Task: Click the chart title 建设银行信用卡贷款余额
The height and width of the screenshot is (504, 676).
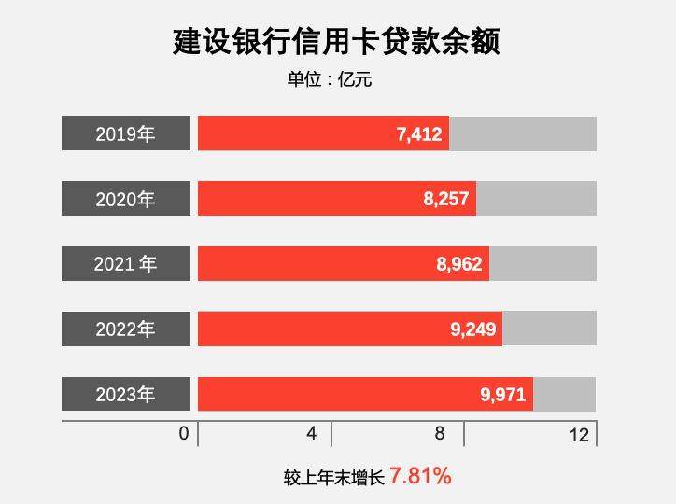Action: click(x=337, y=41)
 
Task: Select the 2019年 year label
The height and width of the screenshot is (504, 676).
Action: click(x=126, y=133)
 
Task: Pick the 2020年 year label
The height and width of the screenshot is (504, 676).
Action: click(x=126, y=199)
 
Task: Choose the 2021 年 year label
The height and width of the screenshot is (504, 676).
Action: click(x=126, y=264)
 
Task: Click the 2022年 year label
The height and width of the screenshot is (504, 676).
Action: click(x=126, y=329)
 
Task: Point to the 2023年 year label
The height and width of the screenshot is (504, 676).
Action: click(x=126, y=395)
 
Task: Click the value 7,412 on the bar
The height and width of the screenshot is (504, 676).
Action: click(x=419, y=134)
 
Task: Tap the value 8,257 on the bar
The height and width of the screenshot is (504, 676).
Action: click(x=445, y=200)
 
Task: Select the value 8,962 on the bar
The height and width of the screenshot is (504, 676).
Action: click(x=459, y=265)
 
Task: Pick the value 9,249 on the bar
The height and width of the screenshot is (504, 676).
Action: click(x=472, y=329)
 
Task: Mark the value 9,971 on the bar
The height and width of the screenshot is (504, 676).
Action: click(x=504, y=395)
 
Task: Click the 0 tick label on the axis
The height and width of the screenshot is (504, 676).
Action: click(x=184, y=434)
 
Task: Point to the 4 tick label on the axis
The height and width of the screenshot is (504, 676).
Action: click(x=312, y=434)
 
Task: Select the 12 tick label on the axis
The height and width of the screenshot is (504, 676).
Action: click(x=579, y=434)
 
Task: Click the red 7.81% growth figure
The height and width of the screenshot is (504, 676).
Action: click(x=420, y=476)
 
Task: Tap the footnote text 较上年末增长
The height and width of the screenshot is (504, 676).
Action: click(x=334, y=478)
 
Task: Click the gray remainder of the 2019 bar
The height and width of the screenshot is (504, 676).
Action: click(x=522, y=133)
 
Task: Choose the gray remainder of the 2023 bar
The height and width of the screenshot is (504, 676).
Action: click(x=564, y=394)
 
